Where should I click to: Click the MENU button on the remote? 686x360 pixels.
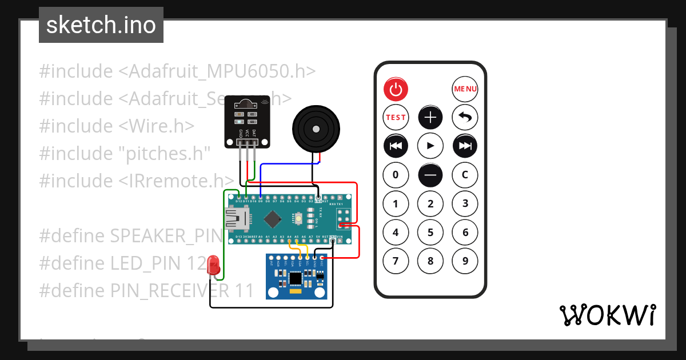(465, 89)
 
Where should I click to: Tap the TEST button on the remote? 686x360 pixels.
(396, 117)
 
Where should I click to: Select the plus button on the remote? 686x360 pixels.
(430, 118)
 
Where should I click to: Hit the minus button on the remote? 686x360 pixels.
(430, 175)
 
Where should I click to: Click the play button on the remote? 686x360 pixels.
(430, 146)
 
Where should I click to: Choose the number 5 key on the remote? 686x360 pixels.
(430, 233)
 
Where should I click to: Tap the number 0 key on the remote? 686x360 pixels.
(396, 175)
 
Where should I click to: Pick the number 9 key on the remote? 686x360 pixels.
(465, 261)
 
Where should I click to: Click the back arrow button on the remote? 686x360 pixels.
(465, 118)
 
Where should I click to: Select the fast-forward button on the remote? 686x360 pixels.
(465, 146)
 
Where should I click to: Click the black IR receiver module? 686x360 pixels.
(246, 122)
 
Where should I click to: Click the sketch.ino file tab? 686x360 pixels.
(101, 25)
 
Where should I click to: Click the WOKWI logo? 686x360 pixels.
(607, 315)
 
